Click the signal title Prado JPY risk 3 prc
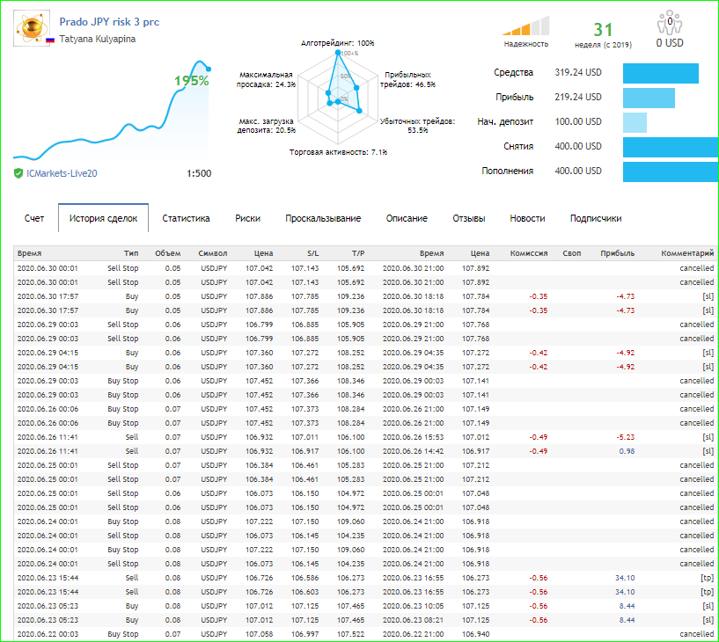[109, 22]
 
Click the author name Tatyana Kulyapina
[97, 39]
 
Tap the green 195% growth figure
[192, 81]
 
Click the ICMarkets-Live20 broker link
[62, 173]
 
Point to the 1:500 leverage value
[199, 173]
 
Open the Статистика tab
[186, 218]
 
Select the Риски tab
[247, 218]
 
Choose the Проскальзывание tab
[323, 218]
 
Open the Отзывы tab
[469, 218]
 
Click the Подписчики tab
[596, 218]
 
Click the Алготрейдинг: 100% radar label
[337, 43]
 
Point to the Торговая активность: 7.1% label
[338, 152]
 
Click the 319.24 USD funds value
[578, 72]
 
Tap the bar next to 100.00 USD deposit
[635, 122]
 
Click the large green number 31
[603, 30]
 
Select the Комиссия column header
[529, 253]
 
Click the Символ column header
[213, 253]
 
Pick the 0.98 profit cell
[627, 451]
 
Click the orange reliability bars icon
[526, 26]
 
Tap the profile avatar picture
[31, 28]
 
